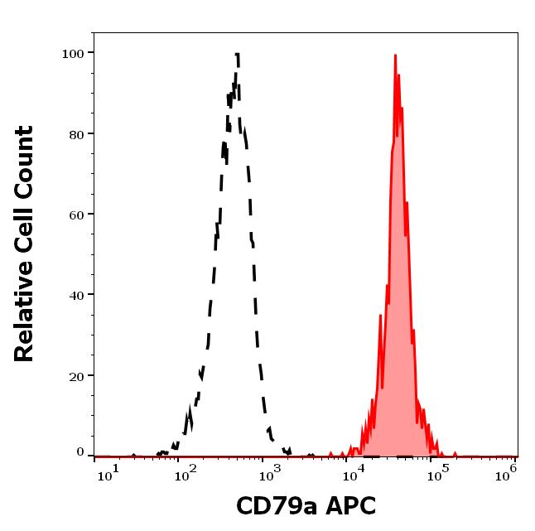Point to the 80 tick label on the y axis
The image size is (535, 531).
[76, 134]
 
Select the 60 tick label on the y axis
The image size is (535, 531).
[76, 215]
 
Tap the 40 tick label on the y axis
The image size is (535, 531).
[76, 295]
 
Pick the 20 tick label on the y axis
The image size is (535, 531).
[76, 375]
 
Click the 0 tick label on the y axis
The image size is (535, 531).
[80, 452]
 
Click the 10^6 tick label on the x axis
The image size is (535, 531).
[508, 469]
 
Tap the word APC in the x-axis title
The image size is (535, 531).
[352, 506]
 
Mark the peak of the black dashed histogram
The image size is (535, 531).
[237, 55]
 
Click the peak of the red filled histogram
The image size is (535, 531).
[395, 56]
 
